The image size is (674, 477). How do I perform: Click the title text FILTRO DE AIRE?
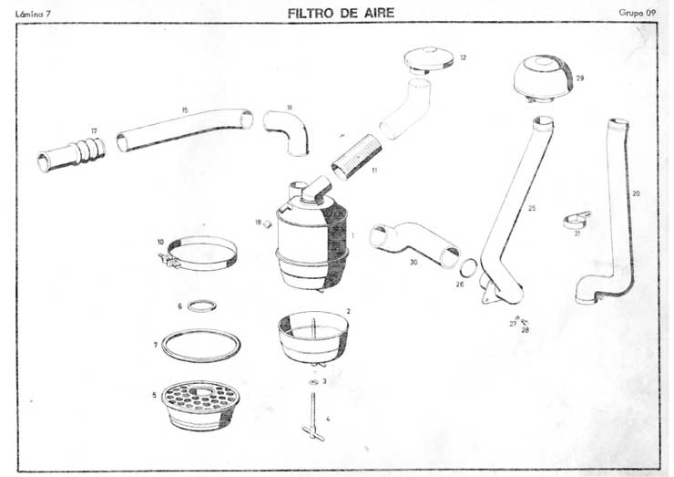(341, 13)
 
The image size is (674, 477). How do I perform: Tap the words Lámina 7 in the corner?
(33, 14)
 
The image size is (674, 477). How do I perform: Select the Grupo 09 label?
(637, 13)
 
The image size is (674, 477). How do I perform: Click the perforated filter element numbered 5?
(200, 405)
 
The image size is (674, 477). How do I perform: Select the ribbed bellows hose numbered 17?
(71, 154)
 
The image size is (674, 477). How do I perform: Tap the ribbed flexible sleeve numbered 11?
(357, 157)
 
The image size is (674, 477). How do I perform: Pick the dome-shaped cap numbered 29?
(544, 78)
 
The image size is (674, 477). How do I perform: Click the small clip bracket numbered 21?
(576, 220)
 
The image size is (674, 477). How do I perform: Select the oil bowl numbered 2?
(313, 337)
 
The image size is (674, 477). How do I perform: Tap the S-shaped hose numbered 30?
(413, 243)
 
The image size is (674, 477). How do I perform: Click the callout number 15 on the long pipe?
(185, 110)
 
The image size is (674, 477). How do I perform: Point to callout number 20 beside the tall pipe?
(636, 193)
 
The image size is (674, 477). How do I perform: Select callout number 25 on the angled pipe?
(532, 208)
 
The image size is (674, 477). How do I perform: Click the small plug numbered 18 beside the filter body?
(268, 223)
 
